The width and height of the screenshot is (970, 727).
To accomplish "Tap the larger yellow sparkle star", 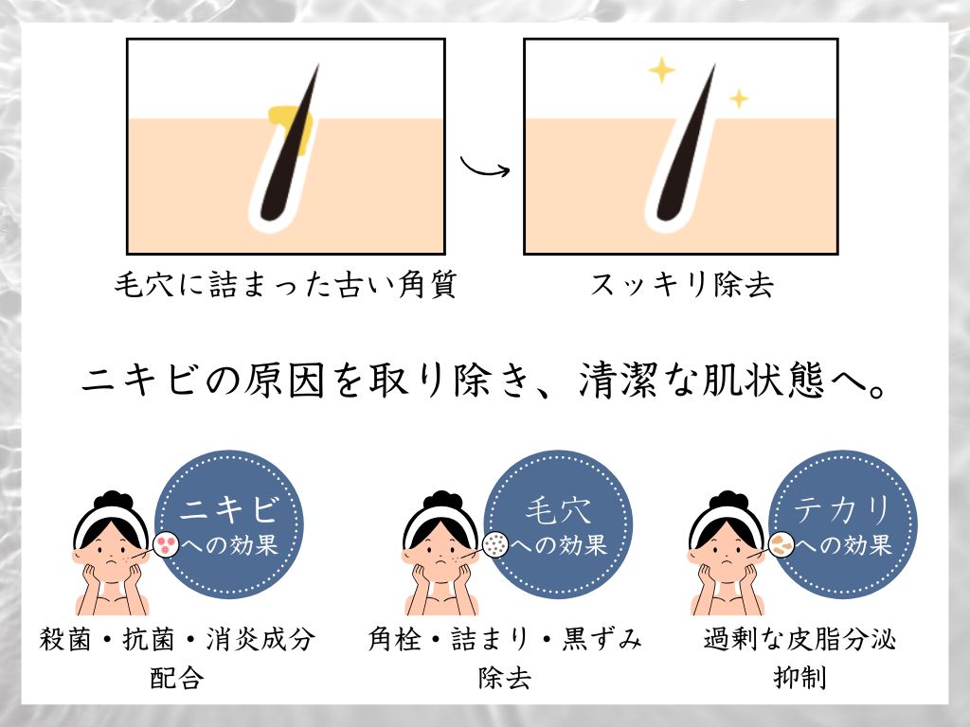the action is point(661,69).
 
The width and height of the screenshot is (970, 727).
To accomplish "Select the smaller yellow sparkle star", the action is point(738,98).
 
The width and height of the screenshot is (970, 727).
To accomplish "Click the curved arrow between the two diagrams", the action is point(485,168).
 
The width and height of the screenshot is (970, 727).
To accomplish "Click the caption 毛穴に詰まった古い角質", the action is point(285,284).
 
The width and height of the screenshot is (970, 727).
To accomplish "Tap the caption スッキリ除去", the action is point(681,284).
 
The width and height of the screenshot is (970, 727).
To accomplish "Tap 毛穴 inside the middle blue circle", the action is point(558,510).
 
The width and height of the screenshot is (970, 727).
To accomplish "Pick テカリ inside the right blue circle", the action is point(842,510).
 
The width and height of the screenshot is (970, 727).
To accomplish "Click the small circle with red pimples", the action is point(166,544).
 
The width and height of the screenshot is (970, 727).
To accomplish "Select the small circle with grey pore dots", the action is point(494,544).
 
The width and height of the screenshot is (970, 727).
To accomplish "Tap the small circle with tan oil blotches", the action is point(781,544).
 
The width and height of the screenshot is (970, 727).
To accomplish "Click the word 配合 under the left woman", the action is point(177,678).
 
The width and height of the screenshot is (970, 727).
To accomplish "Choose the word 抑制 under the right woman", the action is point(799,678).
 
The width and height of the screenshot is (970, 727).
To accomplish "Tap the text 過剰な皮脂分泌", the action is point(799,639).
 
